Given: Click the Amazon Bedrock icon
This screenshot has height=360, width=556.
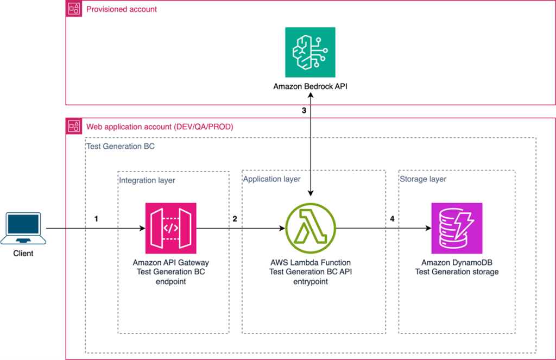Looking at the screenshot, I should tap(310, 52).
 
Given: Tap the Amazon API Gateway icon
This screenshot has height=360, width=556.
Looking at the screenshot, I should tap(170, 228).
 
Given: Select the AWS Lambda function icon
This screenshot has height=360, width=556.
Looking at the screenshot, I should tap(310, 229).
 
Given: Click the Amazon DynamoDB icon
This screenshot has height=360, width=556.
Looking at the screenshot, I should tap(457, 228).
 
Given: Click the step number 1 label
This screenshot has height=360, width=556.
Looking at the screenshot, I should tap(97, 219).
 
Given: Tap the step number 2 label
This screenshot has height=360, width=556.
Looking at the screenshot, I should tap(235, 219).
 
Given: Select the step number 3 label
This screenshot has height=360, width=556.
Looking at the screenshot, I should tap(304, 110).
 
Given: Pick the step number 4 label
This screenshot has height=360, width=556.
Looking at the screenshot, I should tap(392, 219).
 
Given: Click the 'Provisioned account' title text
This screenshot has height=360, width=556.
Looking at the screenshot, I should tap(122, 9).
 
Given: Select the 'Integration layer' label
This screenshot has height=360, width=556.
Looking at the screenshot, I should tap(147, 179).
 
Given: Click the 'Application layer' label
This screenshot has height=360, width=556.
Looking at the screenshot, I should tap(271, 179).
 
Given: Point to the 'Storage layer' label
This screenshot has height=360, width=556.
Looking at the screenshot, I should tap(423, 179).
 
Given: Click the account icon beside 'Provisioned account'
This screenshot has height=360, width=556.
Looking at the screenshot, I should tap(74, 9).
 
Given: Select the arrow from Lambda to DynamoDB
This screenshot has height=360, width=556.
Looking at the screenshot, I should tap(380, 229).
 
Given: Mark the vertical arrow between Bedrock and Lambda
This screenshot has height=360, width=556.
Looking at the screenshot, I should tap(310, 147).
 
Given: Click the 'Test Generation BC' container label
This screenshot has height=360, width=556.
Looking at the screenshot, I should tap(121, 146).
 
